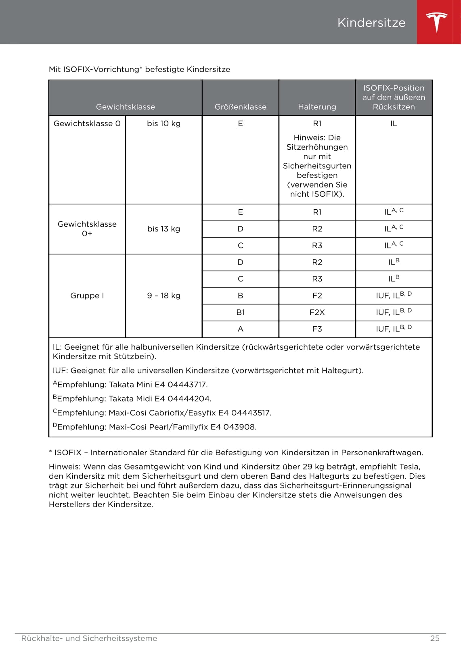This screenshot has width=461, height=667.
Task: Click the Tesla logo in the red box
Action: pyautogui.click(x=437, y=22)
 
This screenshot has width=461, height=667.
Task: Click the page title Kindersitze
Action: pyautogui.click(x=371, y=23)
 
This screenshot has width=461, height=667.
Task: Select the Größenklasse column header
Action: pyautogui.click(x=240, y=107)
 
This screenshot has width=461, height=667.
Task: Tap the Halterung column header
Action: pyautogui.click(x=317, y=107)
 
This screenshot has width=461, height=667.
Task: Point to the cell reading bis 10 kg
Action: pyautogui.click(x=163, y=123)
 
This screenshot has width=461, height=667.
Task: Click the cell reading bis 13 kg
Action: pyautogui.click(x=163, y=229)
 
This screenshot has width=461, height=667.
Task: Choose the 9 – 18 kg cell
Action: pyautogui.click(x=163, y=296)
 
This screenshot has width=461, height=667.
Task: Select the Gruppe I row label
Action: pyautogui.click(x=87, y=296)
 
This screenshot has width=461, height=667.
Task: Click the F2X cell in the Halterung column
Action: pyautogui.click(x=317, y=312)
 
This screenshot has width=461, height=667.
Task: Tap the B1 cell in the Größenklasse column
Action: pyautogui.click(x=240, y=312)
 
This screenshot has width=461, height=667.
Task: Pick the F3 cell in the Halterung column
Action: pyautogui.click(x=317, y=329)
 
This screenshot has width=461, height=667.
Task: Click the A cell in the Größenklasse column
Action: pyautogui.click(x=240, y=329)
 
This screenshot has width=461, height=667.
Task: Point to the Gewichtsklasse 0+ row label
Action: pyautogui.click(x=87, y=229)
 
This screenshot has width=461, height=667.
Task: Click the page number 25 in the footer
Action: pyautogui.click(x=435, y=638)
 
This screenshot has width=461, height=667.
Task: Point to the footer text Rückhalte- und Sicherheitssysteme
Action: pyautogui.click(x=89, y=638)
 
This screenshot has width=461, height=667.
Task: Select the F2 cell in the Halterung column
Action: pyautogui.click(x=317, y=296)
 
